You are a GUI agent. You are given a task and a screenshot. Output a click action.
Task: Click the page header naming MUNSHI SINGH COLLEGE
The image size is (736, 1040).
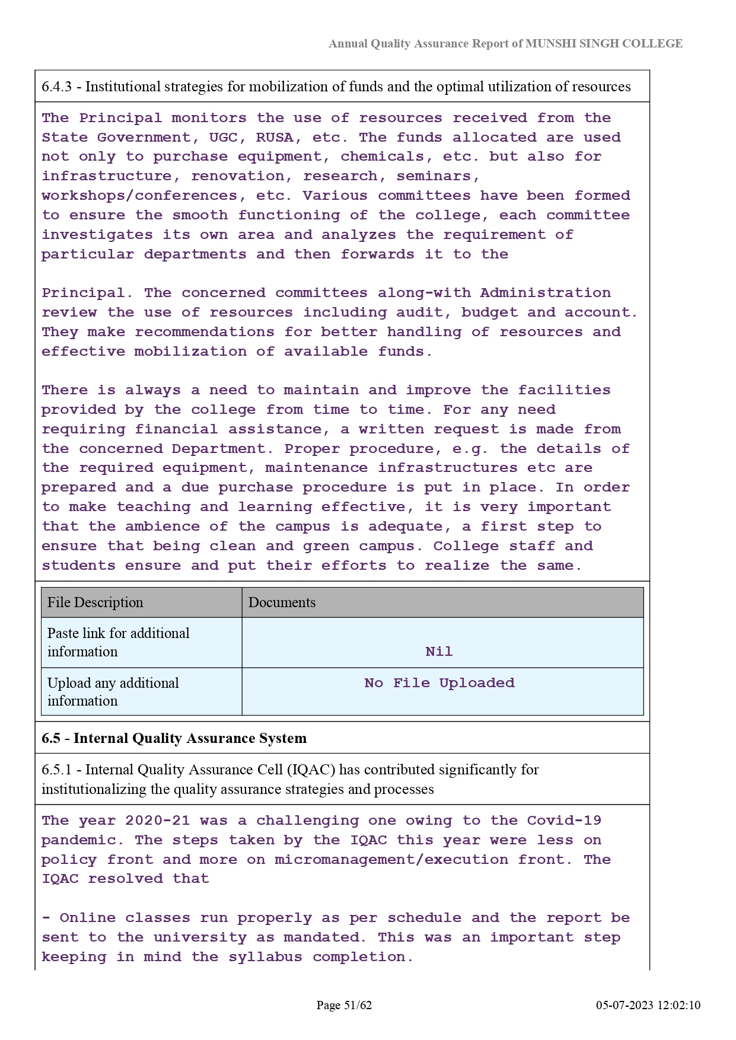click(505, 44)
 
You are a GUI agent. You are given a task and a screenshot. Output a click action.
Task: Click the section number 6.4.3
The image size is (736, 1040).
click(56, 87)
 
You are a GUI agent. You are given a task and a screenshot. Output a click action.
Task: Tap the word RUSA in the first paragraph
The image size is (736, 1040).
click(275, 138)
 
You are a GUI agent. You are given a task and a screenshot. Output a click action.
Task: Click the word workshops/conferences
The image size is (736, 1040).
click(139, 196)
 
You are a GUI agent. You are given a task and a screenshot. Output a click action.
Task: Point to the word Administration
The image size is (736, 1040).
click(545, 293)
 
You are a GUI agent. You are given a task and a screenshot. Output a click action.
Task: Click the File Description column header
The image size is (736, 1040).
click(95, 602)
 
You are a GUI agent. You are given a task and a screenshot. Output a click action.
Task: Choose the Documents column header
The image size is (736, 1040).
click(282, 602)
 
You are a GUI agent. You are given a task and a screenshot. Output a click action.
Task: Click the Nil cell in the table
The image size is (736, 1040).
click(439, 652)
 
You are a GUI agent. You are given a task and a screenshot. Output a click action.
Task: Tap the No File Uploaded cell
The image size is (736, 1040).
click(439, 683)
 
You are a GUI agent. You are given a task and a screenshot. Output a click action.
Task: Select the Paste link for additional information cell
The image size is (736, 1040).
click(119, 642)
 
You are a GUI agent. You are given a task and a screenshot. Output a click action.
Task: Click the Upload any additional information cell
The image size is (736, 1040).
click(113, 691)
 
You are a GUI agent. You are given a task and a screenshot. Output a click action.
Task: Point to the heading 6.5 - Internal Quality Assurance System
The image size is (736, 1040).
click(174, 738)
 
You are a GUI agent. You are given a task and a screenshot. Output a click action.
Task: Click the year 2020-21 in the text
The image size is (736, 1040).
click(158, 821)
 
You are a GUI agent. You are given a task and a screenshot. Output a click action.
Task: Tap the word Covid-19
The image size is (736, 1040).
click(564, 821)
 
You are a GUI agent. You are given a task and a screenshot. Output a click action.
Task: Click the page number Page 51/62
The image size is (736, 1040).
click(344, 1005)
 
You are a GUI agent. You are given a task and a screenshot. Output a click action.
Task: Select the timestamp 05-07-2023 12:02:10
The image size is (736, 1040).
click(648, 1005)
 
